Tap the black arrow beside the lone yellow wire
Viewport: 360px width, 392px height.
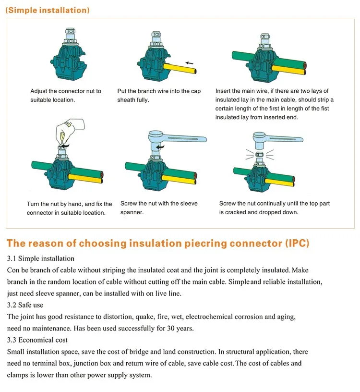190,63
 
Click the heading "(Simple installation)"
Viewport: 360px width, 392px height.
48,10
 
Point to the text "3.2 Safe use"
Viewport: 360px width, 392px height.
25,305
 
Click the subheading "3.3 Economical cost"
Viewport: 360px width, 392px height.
37,340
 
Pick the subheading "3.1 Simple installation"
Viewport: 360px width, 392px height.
40,258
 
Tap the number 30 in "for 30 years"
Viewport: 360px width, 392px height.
170,328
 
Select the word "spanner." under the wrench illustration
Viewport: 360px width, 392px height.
132,212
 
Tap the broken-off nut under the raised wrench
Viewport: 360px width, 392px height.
260,155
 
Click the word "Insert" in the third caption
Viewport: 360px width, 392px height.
223,91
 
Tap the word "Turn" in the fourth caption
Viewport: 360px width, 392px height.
33,204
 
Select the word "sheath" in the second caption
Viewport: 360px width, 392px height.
126,100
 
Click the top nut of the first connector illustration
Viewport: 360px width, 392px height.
70,31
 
